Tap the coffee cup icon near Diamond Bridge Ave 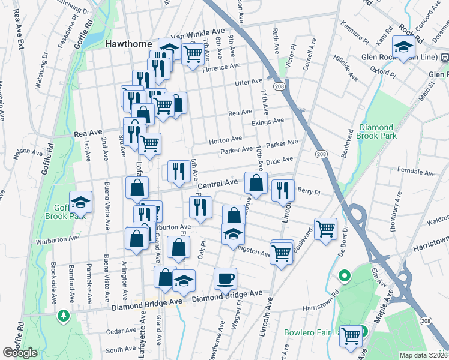pyautogui.click(x=225, y=278)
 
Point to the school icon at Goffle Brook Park pyautogui.click(x=80, y=202)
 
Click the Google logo pyautogui.click(x=20, y=353)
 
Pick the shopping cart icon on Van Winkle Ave pyautogui.click(x=192, y=54)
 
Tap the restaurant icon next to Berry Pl pyautogui.click(x=283, y=190)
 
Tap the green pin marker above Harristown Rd pyautogui.click(x=344, y=276)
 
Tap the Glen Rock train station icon pyautogui.click(x=445, y=58)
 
